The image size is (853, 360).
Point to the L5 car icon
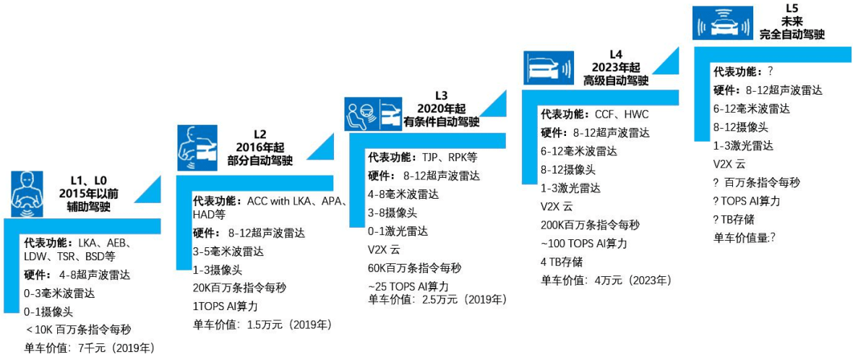pyautogui.click(x=720, y=24)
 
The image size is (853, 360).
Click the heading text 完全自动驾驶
pyautogui.click(x=792, y=34)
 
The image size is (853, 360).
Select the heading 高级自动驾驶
pyautogui.click(x=616, y=80)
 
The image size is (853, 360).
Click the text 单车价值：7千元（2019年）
pyautogui.click(x=90, y=348)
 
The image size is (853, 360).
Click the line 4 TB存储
pyautogui.click(x=562, y=261)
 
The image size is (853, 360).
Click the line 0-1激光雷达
pyautogui.click(x=398, y=231)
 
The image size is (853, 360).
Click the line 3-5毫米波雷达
pyautogui.click(x=228, y=252)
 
